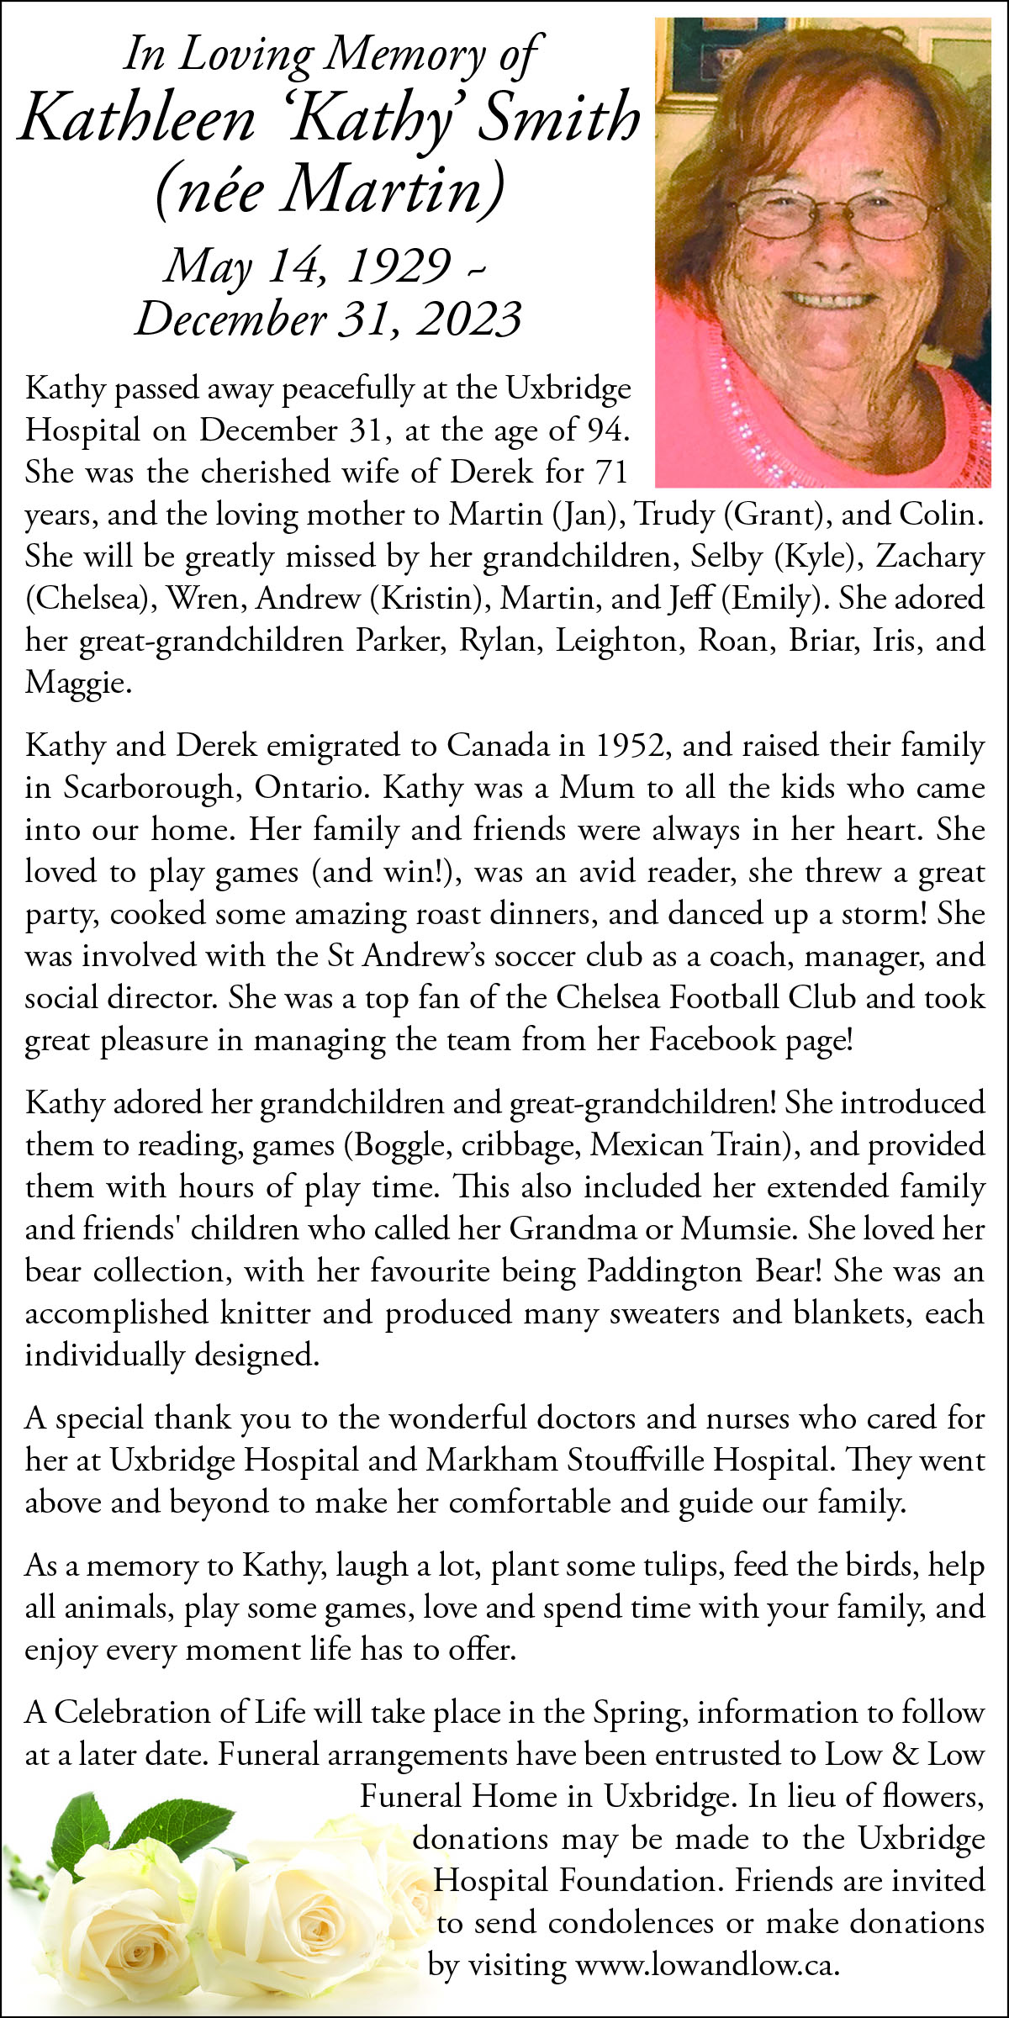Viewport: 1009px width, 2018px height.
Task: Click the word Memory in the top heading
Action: pyautogui.click(x=404, y=55)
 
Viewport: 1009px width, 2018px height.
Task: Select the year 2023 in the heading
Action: pyautogui.click(x=468, y=320)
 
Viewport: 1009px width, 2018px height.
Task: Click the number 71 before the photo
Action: pyautogui.click(x=611, y=473)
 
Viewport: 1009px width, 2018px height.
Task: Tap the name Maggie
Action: pyautogui.click(x=77, y=683)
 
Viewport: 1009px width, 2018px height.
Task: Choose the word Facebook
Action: pyautogui.click(x=712, y=1040)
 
